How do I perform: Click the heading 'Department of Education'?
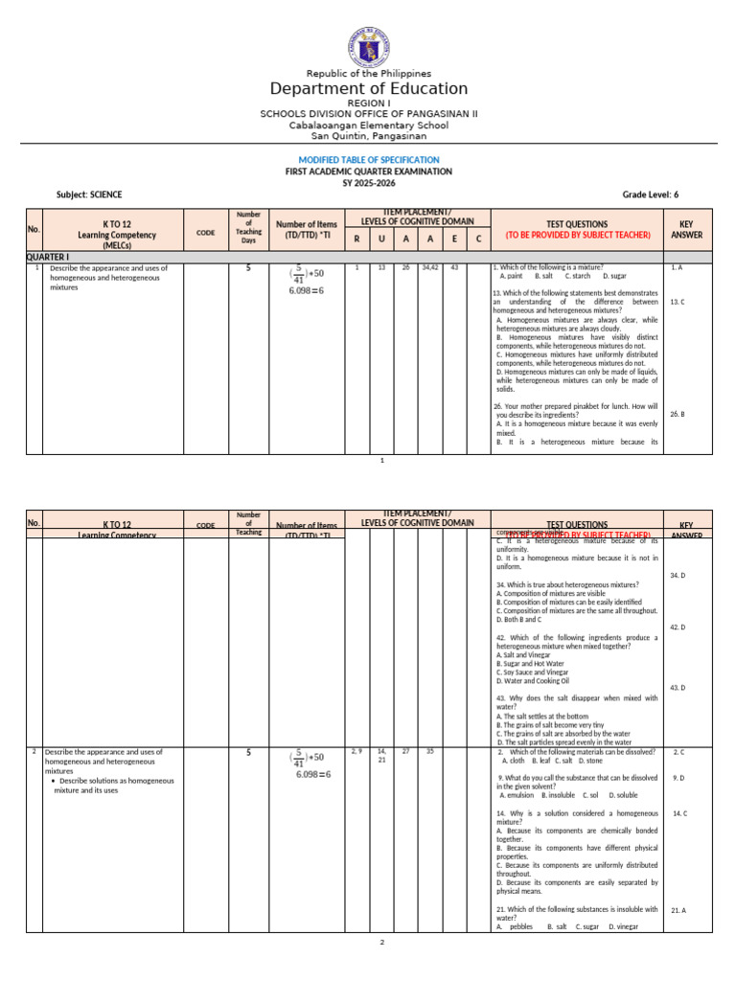368,89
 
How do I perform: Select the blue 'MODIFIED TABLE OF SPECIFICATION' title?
368,159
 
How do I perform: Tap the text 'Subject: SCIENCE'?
89,194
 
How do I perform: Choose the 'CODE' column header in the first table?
205,231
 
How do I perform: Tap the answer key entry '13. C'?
677,302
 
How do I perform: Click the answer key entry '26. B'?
677,414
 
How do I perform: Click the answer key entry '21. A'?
678,910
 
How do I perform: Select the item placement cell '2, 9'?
356,751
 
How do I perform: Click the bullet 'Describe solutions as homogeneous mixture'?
113,786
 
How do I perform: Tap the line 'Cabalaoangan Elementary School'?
368,125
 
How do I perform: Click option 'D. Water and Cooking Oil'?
534,680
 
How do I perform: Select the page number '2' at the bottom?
380,943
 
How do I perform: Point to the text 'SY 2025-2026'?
368,182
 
